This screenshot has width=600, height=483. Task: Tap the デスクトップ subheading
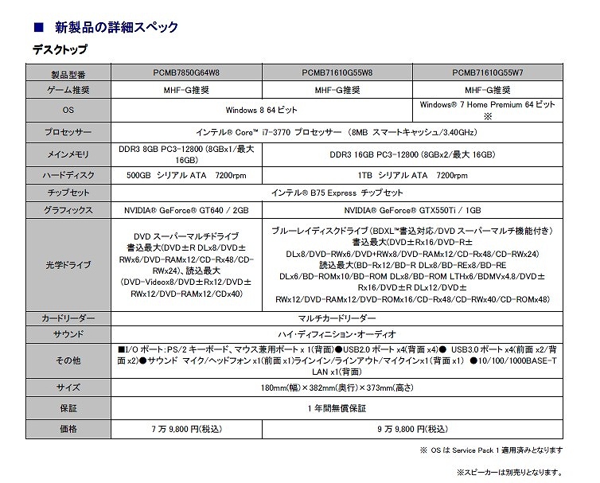click(x=60, y=50)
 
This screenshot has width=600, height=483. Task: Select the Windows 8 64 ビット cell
click(x=262, y=110)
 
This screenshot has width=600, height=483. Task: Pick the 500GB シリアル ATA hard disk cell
click(x=186, y=174)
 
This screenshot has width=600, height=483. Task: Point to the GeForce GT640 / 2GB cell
click(x=186, y=210)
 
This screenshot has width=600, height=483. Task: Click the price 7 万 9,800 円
click(x=186, y=429)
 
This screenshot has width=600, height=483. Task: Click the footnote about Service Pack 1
click(x=491, y=450)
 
